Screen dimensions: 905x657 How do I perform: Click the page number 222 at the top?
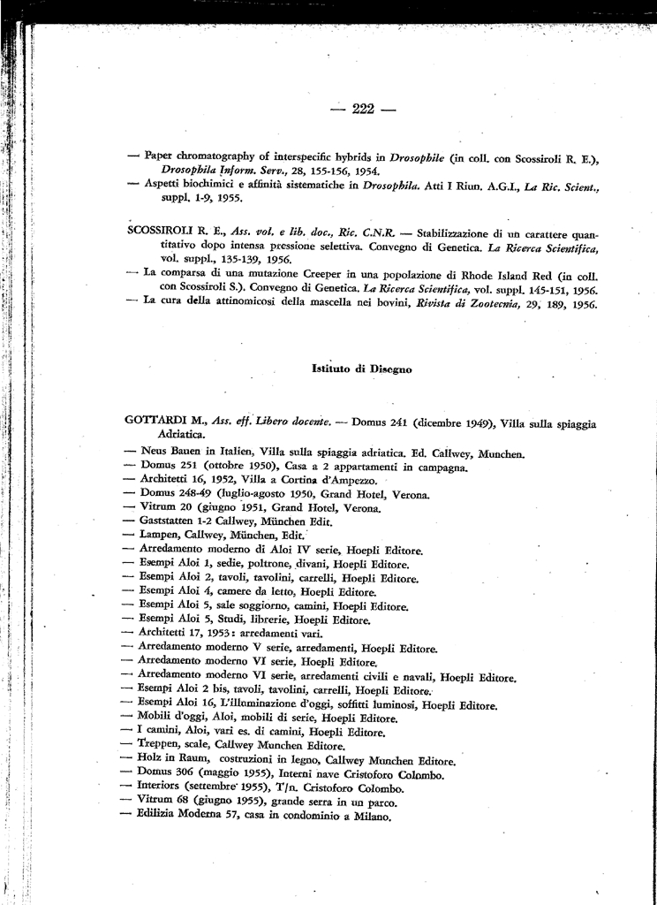pos(364,110)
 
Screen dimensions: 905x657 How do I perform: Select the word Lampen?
pos(160,536)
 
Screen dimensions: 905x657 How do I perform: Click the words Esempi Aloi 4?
pos(176,592)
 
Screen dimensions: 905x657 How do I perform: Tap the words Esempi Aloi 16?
pos(179,704)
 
